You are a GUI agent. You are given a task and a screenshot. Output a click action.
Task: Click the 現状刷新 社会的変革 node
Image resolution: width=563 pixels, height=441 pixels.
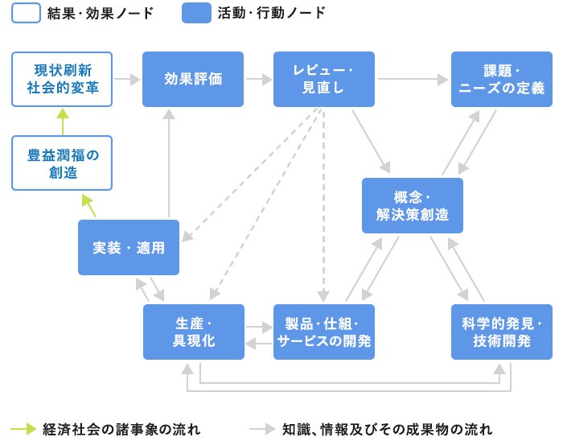[62, 79]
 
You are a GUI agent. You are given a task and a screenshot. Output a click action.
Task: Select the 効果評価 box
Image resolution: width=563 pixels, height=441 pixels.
[193, 79]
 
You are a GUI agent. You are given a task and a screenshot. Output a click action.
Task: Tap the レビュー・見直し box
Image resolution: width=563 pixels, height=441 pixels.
[323, 79]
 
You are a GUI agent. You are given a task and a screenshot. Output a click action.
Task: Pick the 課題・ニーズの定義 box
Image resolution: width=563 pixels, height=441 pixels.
[501, 79]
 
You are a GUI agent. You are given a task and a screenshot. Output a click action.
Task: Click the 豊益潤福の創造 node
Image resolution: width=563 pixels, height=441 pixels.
[62, 163]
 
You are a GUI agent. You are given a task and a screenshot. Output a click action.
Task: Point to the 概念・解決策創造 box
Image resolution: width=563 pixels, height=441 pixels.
[412, 205]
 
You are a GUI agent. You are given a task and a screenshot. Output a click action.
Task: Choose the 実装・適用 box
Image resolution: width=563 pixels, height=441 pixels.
[129, 248]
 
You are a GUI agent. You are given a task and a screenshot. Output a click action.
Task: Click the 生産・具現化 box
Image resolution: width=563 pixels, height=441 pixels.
[193, 332]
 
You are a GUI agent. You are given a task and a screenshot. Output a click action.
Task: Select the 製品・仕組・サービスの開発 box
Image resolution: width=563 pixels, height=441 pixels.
[323, 332]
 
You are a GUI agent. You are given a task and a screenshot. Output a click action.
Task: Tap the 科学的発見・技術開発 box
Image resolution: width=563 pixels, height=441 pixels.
[501, 332]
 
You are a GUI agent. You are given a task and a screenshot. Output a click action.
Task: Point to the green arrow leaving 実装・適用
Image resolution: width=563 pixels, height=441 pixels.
[89, 205]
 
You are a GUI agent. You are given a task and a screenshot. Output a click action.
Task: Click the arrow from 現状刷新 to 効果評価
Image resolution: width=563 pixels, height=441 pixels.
[127, 80]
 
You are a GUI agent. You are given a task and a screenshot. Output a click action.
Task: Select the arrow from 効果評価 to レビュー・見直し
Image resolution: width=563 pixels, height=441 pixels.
[258, 80]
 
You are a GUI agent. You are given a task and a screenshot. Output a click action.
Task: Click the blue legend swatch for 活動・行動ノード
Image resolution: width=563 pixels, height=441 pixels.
[196, 13]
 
